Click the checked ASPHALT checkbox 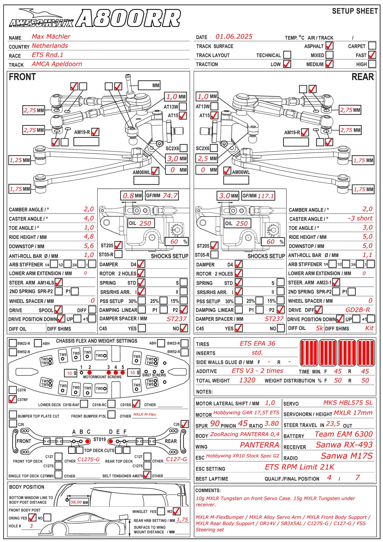click(329, 46)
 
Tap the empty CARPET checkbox click(372, 46)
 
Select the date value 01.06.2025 click(234, 37)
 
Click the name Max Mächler click(51, 37)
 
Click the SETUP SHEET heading click(355, 11)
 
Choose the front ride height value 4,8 click(89, 237)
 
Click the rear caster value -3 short click(360, 218)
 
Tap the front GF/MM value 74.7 click(170, 196)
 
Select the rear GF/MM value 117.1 click(266, 196)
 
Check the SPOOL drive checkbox click(58, 309)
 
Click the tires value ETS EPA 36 click(257, 344)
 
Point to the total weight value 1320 click(247, 380)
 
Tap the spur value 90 click(215, 424)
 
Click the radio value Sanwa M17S click(346, 456)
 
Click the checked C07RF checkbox click(12, 399)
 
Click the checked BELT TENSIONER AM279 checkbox click(147, 475)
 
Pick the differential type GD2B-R click(358, 310)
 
